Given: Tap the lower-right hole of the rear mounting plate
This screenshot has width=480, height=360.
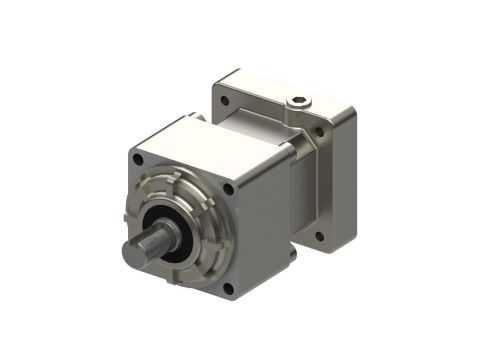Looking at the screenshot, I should tap(319, 237).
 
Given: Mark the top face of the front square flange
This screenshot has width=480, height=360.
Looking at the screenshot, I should tap(200, 140).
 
